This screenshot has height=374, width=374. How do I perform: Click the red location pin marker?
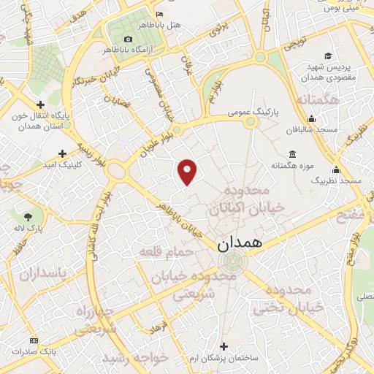(x=188, y=171)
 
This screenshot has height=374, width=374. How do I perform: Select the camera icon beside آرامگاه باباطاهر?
(x=129, y=39)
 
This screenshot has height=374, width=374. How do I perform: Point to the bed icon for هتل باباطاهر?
(x=161, y=14)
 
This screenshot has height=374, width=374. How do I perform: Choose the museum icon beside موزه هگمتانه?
(x=293, y=154)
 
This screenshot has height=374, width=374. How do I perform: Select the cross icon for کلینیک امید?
(x=62, y=153)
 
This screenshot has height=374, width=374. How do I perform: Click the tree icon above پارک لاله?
(x=28, y=216)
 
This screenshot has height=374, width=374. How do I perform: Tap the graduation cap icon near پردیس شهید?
(x=328, y=56)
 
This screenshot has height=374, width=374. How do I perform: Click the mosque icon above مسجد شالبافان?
(x=313, y=119)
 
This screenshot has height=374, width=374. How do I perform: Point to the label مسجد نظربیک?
(x=336, y=180)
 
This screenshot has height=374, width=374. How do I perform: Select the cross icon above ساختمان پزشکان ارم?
(x=224, y=346)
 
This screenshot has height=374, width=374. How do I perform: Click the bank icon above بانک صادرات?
(x=33, y=341)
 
